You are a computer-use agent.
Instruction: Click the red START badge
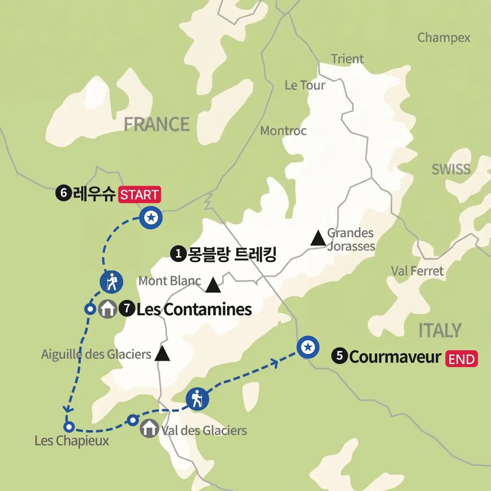click(139, 194)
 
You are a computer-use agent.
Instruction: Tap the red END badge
click(461, 359)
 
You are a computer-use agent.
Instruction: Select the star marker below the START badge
click(151, 217)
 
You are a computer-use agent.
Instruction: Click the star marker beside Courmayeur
click(308, 347)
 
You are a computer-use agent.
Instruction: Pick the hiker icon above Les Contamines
click(111, 282)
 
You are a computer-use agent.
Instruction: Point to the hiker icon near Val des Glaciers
click(197, 399)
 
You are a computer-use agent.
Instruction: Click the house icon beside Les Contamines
click(107, 309)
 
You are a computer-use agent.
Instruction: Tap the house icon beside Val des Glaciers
click(149, 428)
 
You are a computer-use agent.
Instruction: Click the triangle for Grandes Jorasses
click(318, 239)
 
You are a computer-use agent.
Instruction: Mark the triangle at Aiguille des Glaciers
click(162, 354)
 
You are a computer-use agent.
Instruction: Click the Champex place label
click(443, 38)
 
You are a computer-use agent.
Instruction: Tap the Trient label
click(347, 59)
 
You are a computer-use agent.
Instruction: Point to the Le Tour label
click(305, 85)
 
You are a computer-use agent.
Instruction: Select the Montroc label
click(283, 131)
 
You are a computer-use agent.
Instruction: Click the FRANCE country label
click(157, 124)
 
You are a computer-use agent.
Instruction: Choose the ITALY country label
click(440, 330)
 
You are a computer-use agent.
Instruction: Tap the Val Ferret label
click(417, 271)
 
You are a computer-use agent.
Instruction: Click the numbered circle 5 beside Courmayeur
click(339, 356)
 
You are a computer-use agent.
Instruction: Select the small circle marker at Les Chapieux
click(69, 427)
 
